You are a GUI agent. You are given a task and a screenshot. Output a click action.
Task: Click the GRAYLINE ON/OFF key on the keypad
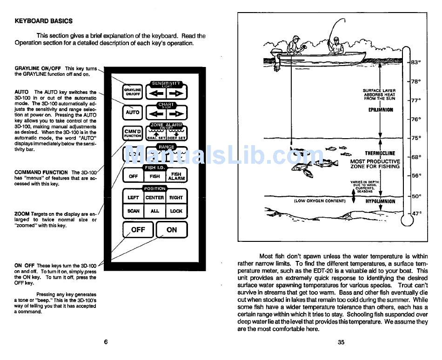[133, 92]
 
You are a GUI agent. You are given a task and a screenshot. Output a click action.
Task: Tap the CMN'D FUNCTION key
[133, 133]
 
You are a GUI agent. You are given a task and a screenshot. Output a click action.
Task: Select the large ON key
[172, 229]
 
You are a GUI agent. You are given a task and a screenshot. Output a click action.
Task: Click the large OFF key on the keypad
[138, 229]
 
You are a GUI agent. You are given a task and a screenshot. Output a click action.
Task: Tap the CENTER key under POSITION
[154, 198]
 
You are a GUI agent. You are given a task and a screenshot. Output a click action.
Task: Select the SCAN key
[134, 211]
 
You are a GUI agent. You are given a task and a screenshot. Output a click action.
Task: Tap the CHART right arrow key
[176, 113]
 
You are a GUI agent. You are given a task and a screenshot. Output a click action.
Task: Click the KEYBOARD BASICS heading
[44, 21]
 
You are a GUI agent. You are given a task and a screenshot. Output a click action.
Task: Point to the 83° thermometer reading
[416, 62]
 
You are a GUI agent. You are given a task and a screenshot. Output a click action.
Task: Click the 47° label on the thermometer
[416, 213]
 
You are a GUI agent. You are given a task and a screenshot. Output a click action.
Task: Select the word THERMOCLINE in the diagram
[380, 153]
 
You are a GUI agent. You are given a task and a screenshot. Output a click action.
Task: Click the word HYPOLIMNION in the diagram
[380, 201]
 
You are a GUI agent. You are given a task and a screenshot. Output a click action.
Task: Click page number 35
[341, 342]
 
